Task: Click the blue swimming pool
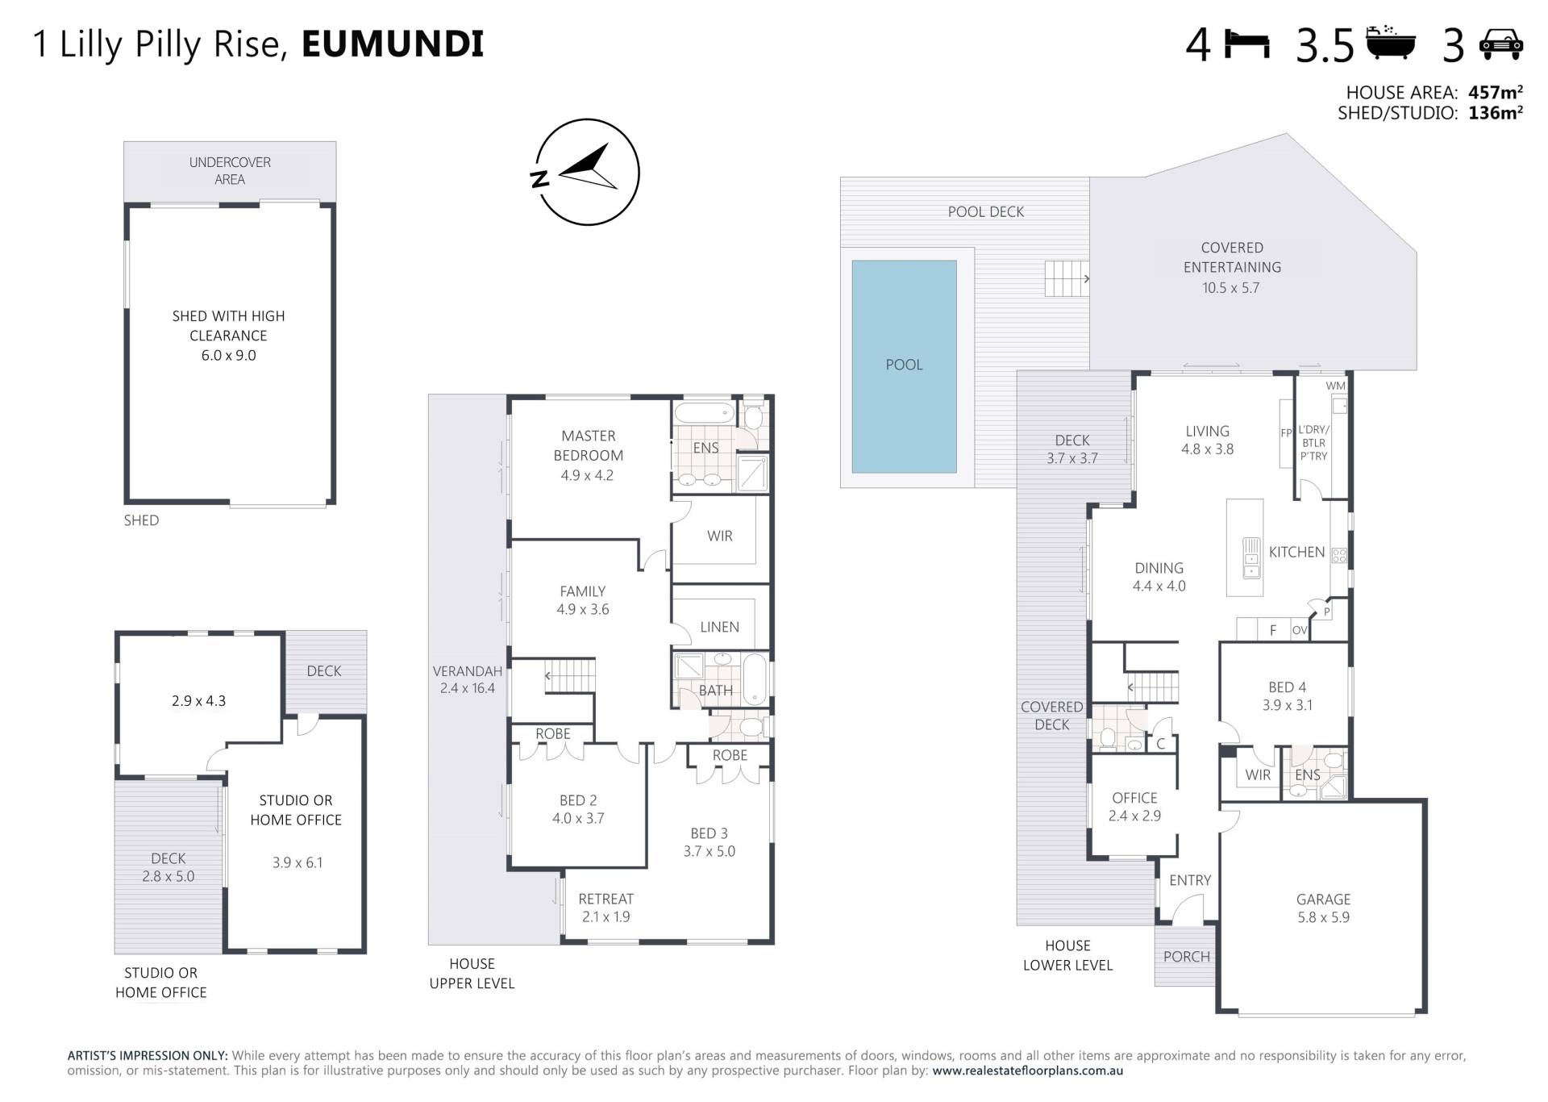pyautogui.click(x=904, y=366)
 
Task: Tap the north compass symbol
pyautogui.click(x=588, y=172)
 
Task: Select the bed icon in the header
pyautogui.click(x=1247, y=44)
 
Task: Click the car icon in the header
pyautogui.click(x=1501, y=44)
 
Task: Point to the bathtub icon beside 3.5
pyautogui.click(x=1392, y=43)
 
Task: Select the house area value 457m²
pyautogui.click(x=1495, y=92)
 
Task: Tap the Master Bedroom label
pyautogui.click(x=588, y=445)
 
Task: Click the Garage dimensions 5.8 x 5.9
pyautogui.click(x=1323, y=917)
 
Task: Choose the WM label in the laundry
pyautogui.click(x=1335, y=386)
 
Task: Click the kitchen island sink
pyautogui.click(x=1250, y=557)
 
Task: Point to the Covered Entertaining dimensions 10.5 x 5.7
pyautogui.click(x=1230, y=288)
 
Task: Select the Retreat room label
pyautogui.click(x=605, y=899)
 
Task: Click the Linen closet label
pyautogui.click(x=719, y=627)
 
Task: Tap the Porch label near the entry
pyautogui.click(x=1186, y=957)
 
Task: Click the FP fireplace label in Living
pyautogui.click(x=1287, y=433)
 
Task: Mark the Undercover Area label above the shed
pyautogui.click(x=230, y=170)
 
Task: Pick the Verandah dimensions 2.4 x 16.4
pyautogui.click(x=468, y=688)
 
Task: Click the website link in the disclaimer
pyautogui.click(x=1028, y=1071)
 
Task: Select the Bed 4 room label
pyautogui.click(x=1287, y=687)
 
